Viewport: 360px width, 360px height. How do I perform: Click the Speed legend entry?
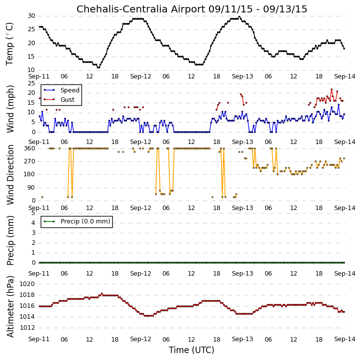coord(62,90)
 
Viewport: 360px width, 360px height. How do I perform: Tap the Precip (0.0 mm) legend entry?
coord(77,221)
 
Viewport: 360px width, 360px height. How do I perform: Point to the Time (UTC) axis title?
coord(192,350)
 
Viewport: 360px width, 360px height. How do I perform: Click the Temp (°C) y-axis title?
coord(9,44)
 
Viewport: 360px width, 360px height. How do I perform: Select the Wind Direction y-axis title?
coord(10,175)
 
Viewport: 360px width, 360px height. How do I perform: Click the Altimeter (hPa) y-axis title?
coord(10,306)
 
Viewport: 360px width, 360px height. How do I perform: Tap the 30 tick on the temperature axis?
coord(31,16)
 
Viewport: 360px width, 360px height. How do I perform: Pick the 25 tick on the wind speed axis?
coord(31,83)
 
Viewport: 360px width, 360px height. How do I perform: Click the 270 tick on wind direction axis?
coord(30,161)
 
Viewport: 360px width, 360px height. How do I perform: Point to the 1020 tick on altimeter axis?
coord(27,284)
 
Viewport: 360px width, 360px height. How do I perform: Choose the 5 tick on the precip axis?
coord(34,213)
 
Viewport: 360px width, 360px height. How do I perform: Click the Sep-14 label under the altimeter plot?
coord(345,339)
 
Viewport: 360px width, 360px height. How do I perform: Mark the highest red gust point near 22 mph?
coord(332,89)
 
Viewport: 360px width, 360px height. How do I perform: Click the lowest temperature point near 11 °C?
coord(98,68)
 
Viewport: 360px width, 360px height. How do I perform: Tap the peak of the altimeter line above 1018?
coord(102,293)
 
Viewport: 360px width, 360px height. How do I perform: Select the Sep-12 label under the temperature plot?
coord(141,76)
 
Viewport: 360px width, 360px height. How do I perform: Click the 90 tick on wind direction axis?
coord(31,188)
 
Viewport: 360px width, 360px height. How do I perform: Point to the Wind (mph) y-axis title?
coord(10,109)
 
